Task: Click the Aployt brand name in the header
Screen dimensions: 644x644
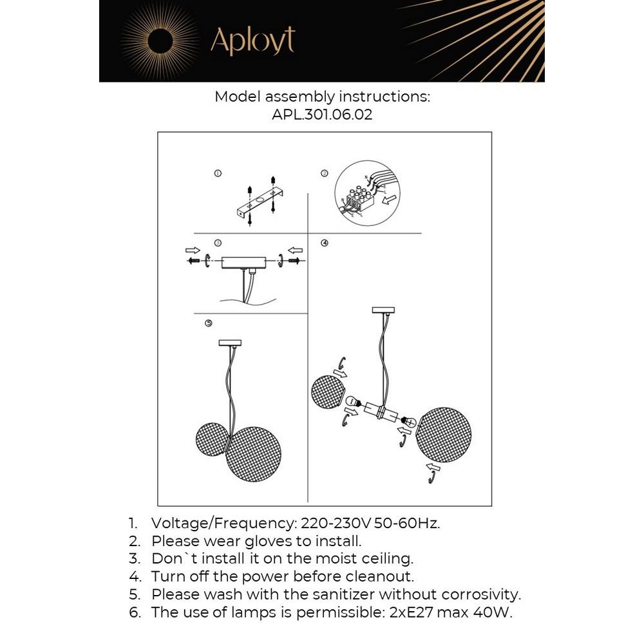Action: (252, 41)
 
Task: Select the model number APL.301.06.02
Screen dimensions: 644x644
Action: (322, 116)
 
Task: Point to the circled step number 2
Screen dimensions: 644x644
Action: (325, 173)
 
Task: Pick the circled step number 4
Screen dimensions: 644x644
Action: (325, 243)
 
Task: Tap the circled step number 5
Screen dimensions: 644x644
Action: (208, 323)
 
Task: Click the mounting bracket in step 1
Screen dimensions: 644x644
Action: (258, 205)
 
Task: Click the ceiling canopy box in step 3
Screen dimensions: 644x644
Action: (243, 262)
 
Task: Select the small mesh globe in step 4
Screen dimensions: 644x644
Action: (328, 394)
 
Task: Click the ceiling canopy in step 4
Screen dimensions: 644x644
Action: (384, 311)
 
